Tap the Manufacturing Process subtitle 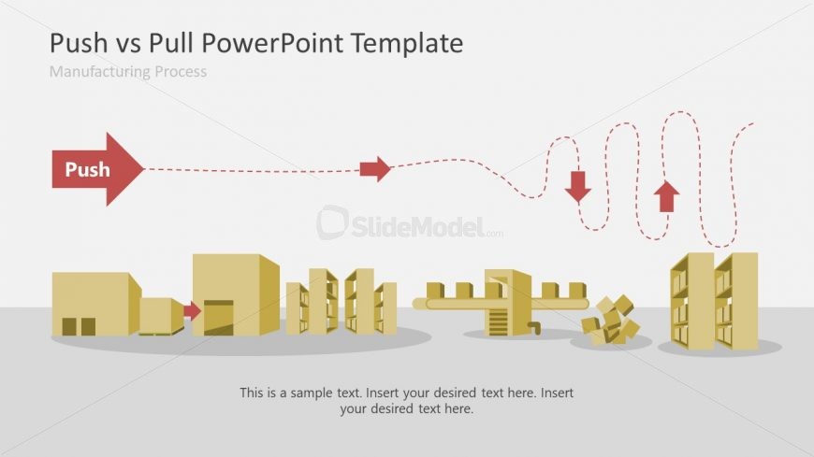(x=127, y=72)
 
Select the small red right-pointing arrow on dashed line (x=375, y=168)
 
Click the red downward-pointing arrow (x=578, y=186)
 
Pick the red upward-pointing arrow (x=666, y=196)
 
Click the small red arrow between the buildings (x=193, y=311)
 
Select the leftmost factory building (x=94, y=304)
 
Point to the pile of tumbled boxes (x=610, y=321)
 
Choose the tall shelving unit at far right (x=714, y=301)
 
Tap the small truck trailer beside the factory (x=160, y=316)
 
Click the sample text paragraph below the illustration (x=406, y=400)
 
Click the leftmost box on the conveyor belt (x=435, y=290)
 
